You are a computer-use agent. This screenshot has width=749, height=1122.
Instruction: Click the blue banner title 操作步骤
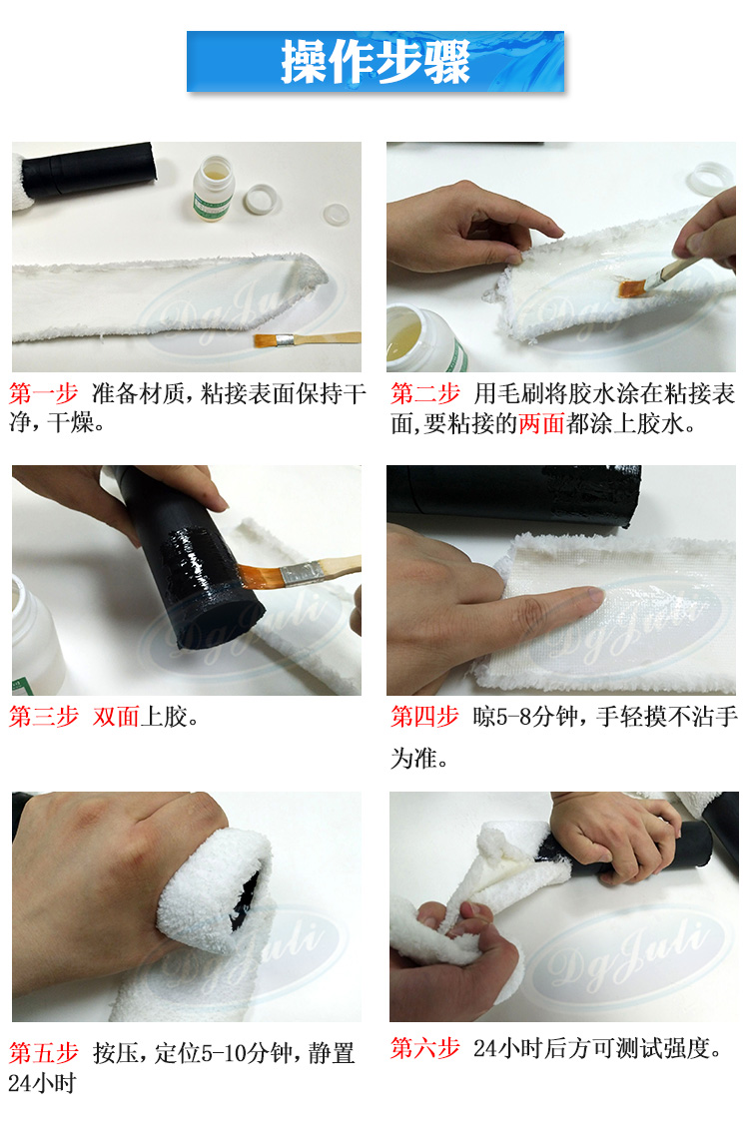(x=375, y=62)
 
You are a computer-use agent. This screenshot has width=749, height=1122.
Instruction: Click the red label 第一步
(x=44, y=393)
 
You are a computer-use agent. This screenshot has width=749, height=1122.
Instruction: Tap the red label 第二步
(x=425, y=393)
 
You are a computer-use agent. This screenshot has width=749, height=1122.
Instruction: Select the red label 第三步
(x=44, y=717)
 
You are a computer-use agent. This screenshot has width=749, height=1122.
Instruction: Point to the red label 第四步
(x=424, y=717)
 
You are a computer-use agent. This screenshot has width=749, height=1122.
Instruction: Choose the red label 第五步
(x=44, y=1053)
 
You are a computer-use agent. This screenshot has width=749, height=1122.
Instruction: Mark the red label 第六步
(x=424, y=1048)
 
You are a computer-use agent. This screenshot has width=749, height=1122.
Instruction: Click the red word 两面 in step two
(x=541, y=423)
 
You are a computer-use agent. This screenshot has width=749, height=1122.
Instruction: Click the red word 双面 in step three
(x=116, y=717)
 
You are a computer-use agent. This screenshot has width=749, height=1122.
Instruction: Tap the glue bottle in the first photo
(x=214, y=189)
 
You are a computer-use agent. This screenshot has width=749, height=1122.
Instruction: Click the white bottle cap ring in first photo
(x=261, y=199)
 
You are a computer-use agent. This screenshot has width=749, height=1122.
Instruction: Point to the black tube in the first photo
(x=89, y=170)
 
